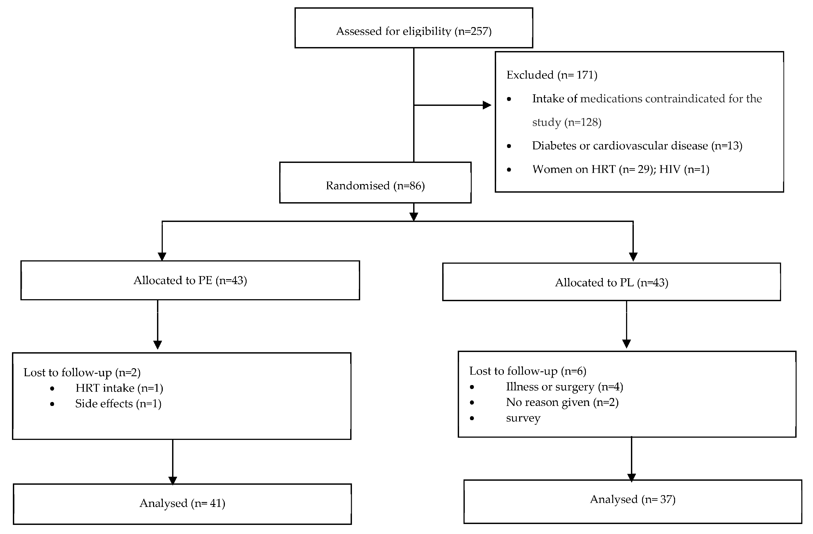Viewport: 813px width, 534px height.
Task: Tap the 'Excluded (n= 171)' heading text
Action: click(552, 75)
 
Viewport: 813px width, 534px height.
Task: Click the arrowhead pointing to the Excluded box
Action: click(487, 105)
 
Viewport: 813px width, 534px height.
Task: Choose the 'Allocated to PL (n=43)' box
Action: click(611, 282)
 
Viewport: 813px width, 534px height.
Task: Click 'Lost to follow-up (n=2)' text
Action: click(82, 372)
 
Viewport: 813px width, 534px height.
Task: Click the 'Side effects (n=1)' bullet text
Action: click(118, 404)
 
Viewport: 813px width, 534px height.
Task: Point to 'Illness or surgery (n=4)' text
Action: click(564, 387)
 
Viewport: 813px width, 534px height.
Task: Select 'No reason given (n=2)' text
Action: click(562, 402)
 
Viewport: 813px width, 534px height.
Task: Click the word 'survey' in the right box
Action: click(523, 418)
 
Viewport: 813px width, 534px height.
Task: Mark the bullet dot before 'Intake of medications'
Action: click(509, 99)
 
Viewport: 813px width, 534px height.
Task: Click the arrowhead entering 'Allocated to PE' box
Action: click(162, 256)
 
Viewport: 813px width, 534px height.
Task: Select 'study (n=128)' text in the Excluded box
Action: click(566, 122)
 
